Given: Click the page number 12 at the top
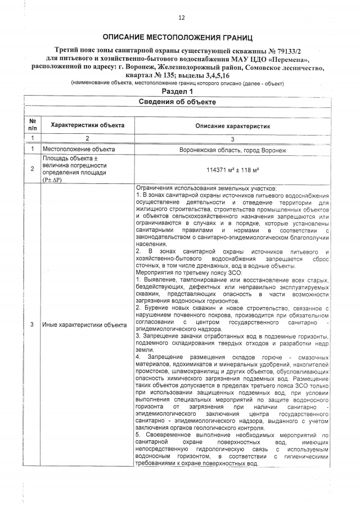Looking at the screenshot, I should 181,18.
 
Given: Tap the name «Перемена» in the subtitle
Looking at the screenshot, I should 290,59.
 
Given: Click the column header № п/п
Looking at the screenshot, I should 33,125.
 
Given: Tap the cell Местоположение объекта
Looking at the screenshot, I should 79,150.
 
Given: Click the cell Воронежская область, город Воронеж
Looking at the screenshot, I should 233,150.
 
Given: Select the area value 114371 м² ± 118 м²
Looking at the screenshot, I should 233,169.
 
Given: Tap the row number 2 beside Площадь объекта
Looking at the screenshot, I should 33,169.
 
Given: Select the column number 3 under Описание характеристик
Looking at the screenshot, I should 233,138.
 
